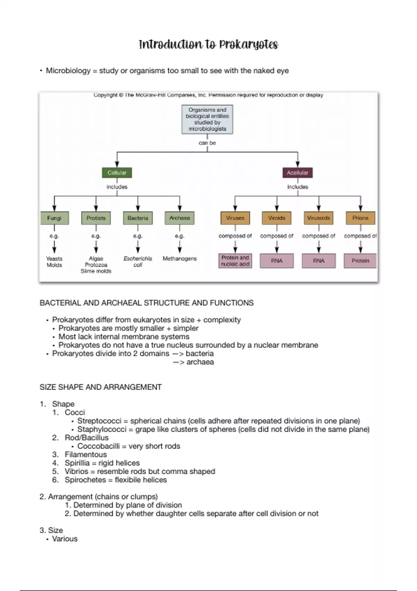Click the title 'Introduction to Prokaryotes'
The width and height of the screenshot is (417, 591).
click(208, 45)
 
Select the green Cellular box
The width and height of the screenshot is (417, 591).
click(117, 173)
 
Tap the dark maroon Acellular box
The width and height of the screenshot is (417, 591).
click(297, 173)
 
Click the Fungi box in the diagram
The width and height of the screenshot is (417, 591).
click(54, 218)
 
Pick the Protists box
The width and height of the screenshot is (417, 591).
click(96, 218)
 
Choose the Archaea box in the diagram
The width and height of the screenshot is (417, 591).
click(180, 218)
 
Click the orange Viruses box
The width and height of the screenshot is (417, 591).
click(235, 218)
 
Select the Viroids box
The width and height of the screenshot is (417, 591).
click(277, 218)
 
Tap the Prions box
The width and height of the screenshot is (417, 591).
click(360, 218)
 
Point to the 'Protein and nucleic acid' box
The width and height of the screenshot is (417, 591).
click(235, 261)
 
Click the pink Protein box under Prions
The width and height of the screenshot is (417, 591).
click(360, 261)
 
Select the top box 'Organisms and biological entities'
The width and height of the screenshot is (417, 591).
click(207, 119)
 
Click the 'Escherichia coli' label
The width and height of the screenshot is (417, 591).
click(138, 262)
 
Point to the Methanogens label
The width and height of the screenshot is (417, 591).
click(180, 259)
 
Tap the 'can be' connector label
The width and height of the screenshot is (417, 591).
click(207, 143)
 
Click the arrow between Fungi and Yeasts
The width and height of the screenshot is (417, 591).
click(54, 247)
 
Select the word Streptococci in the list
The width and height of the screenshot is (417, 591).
click(99, 421)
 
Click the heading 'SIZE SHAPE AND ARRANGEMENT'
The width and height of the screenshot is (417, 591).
click(101, 387)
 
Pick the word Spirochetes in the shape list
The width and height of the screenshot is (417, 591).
click(85, 480)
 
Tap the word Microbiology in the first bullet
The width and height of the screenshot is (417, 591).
click(68, 71)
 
